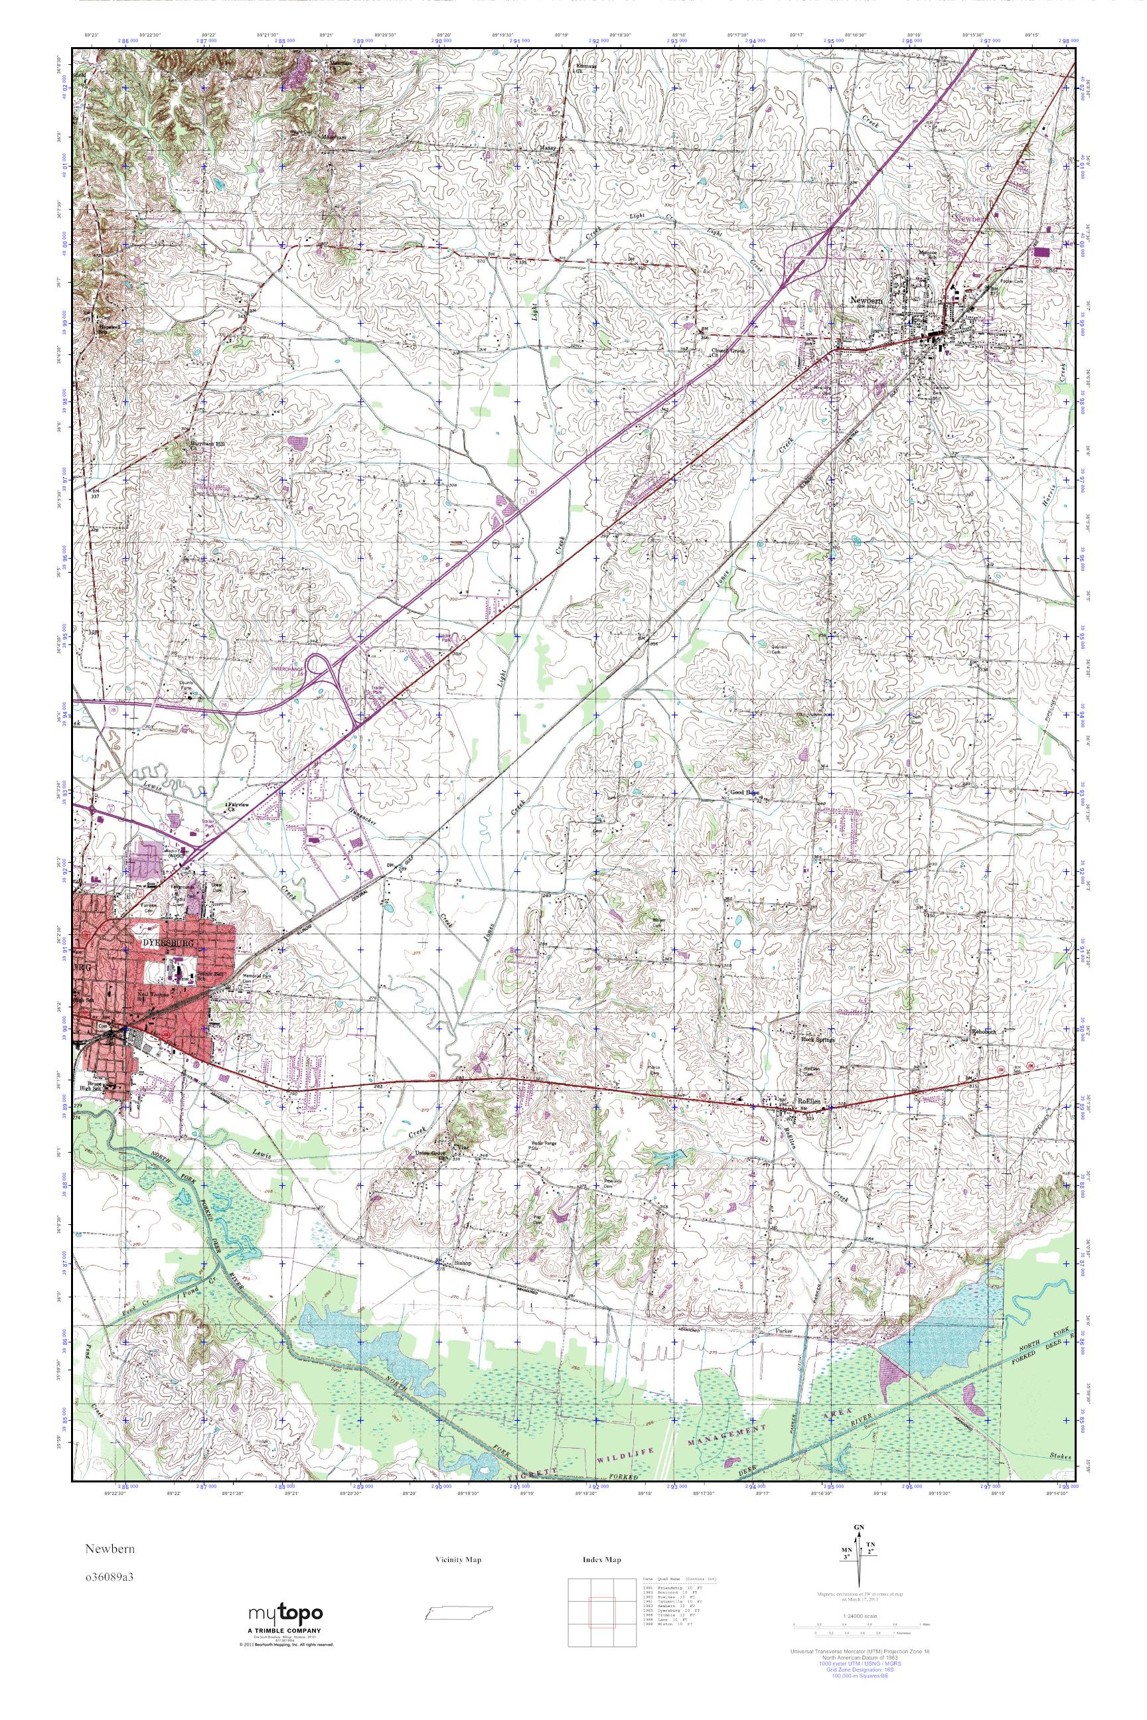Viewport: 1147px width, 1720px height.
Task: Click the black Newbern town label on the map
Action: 868,300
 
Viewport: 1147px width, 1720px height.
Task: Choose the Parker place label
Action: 783,1331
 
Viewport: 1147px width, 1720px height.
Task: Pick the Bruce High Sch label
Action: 92,1088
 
